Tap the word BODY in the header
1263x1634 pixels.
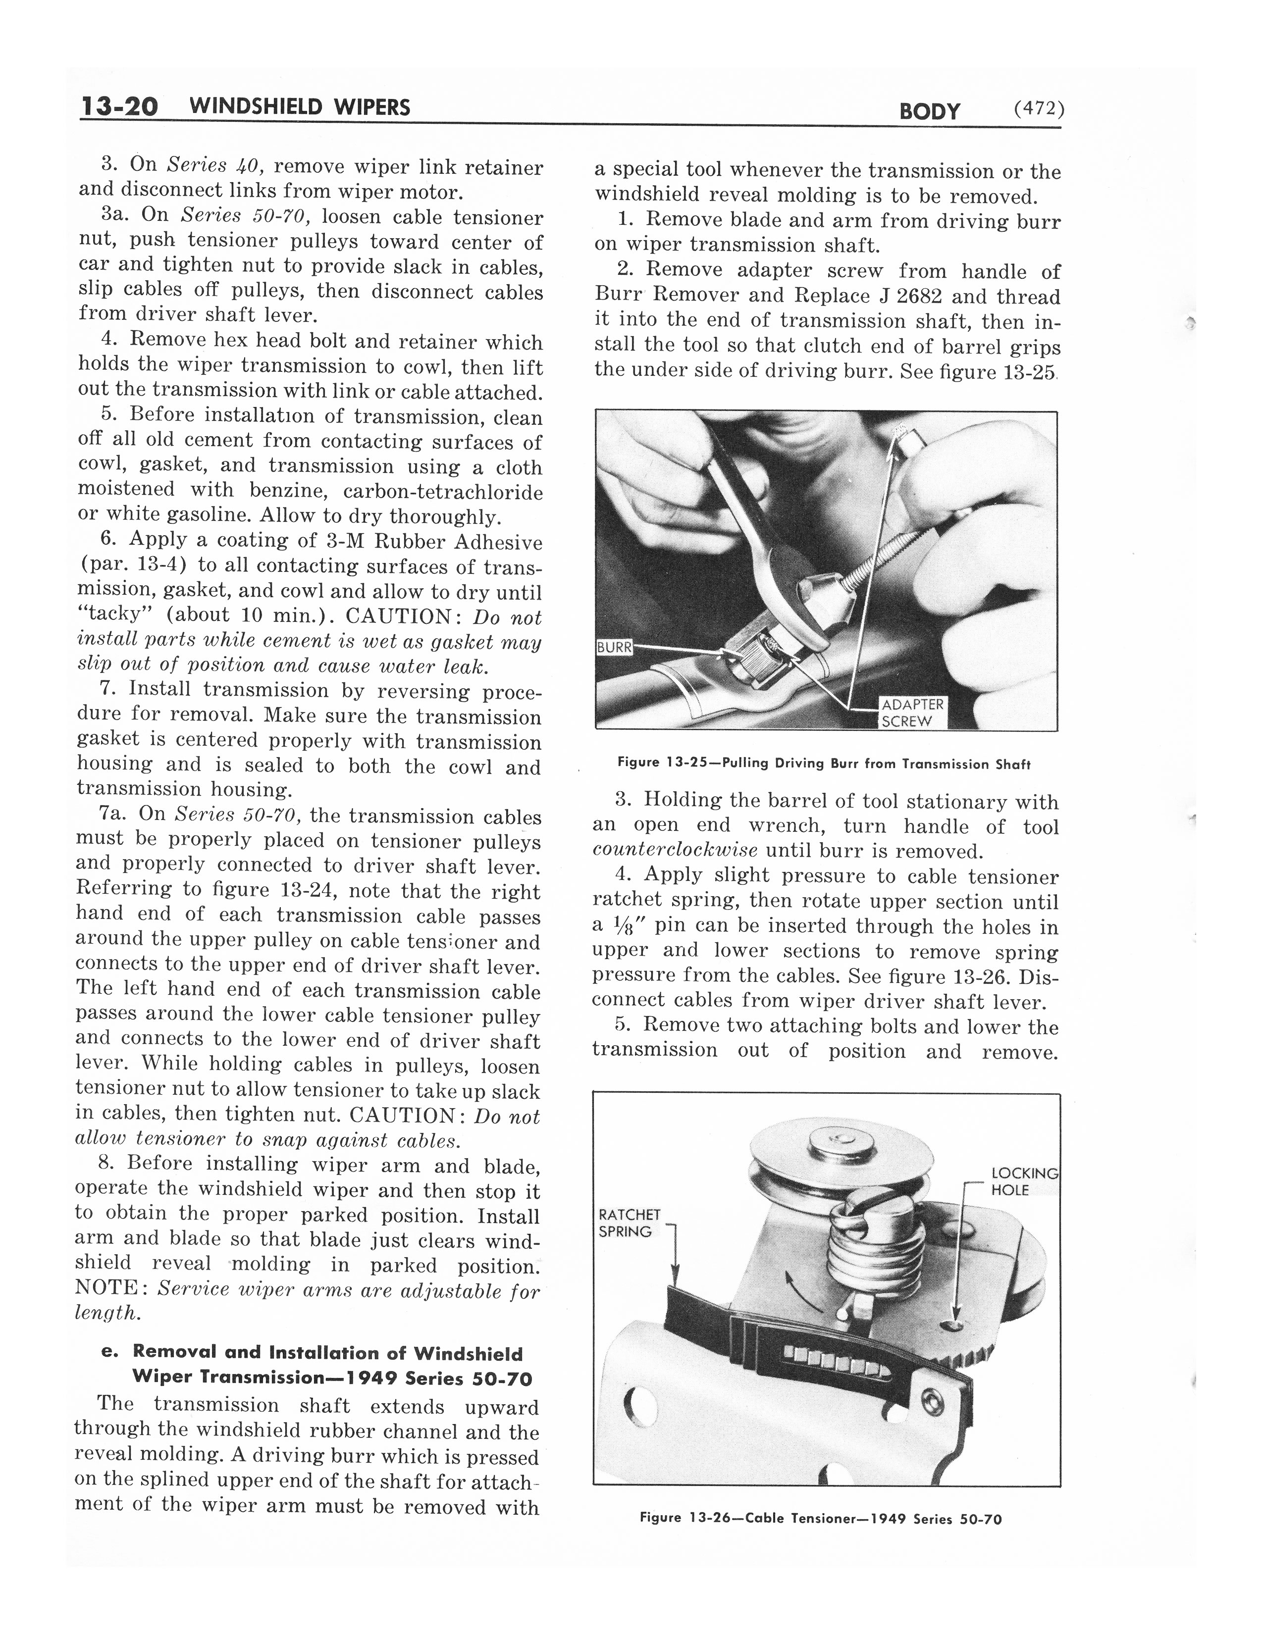[929, 111]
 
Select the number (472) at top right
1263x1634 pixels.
[1039, 109]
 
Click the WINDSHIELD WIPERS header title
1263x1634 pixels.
[300, 107]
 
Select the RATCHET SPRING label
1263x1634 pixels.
[629, 1223]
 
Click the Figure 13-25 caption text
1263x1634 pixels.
[824, 764]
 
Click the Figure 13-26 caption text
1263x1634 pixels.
[821, 1519]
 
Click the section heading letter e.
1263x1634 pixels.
[105, 1352]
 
